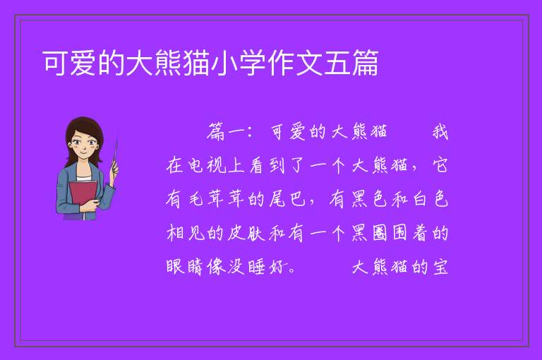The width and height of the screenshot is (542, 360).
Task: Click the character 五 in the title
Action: tap(337, 63)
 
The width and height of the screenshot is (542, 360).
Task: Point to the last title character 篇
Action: tap(365, 63)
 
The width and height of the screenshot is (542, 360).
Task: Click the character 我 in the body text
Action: tap(440, 132)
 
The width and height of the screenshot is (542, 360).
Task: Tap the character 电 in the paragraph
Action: tap(195, 165)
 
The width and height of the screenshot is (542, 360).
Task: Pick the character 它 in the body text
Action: tap(440, 165)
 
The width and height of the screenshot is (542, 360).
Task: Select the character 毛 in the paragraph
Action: tap(195, 199)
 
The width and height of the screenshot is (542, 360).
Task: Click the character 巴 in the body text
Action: tap(297, 199)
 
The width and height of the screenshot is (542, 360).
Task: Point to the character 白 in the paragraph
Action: tap(420, 199)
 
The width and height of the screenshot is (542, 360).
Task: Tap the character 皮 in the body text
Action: tap(236, 233)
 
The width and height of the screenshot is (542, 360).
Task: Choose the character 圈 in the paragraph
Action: tap(380, 233)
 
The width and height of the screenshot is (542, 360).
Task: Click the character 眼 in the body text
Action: tap(175, 267)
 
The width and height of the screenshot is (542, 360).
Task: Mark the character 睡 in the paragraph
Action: tap(256, 267)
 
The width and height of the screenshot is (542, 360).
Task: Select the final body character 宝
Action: tap(440, 267)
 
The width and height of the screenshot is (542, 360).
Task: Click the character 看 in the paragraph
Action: tap(256, 165)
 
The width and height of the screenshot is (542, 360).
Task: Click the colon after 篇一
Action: tap(250, 133)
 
